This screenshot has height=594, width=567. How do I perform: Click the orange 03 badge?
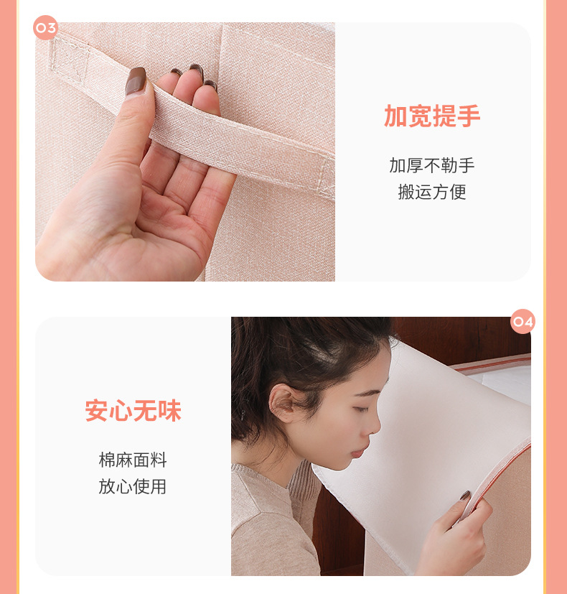click(45, 28)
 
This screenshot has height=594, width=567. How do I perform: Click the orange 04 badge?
click(523, 322)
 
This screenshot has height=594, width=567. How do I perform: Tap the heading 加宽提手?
click(431, 116)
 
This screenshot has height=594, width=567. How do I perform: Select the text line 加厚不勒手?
click(431, 166)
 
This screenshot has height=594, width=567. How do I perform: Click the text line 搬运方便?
click(431, 192)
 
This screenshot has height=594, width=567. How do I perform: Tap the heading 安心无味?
click(133, 411)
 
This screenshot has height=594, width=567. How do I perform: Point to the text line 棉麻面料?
click(133, 460)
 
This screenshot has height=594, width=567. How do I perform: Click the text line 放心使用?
click(133, 487)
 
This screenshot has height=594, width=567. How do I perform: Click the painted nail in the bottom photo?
click(465, 496)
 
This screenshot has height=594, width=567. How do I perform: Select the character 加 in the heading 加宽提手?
click(395, 116)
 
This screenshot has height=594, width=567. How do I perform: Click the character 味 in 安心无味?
click(169, 411)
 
